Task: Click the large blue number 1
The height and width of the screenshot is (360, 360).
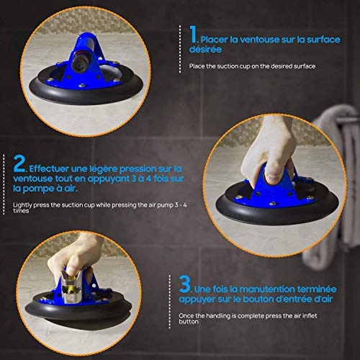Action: point(193,35)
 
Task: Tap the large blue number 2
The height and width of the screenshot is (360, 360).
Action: point(19,163)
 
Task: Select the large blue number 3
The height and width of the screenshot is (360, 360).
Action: point(184,284)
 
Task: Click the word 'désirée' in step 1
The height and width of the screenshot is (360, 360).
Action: point(205,50)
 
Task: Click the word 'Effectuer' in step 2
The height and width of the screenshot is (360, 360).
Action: point(49,168)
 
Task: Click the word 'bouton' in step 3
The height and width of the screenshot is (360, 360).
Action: point(258,300)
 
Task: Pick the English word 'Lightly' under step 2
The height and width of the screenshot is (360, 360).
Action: point(22,205)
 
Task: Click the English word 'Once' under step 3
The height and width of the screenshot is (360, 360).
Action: point(186,315)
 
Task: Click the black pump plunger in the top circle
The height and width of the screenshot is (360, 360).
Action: point(81,62)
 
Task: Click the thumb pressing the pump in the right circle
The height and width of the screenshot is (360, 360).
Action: point(271,174)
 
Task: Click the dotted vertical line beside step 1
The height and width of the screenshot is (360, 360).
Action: point(180,49)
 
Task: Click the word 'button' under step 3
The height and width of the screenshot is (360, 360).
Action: point(189,322)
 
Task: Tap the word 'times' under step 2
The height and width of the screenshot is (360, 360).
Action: point(21,211)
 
